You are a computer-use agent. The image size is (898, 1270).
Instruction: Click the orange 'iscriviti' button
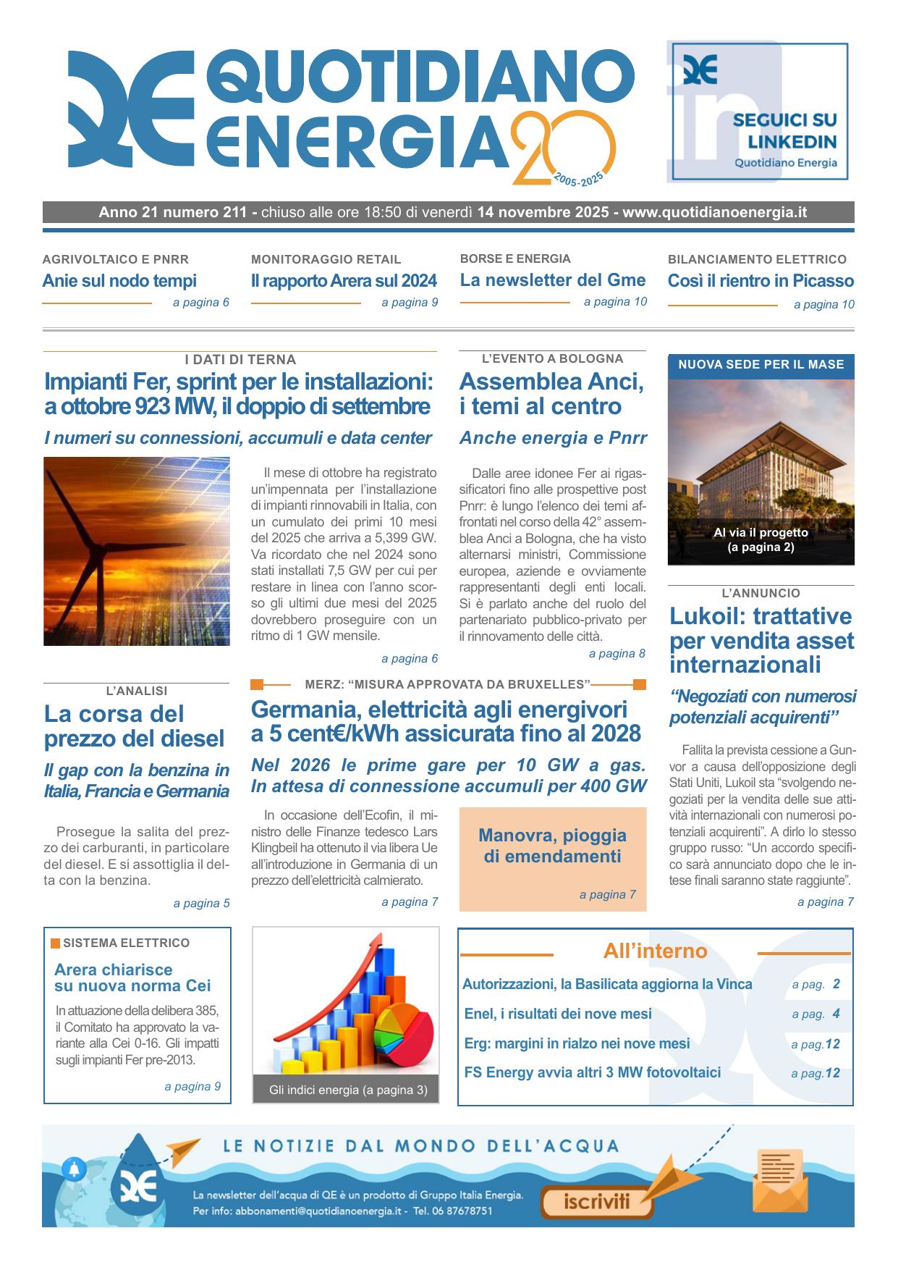pos(597,1203)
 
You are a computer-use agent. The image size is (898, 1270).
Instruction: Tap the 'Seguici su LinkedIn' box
pos(759,111)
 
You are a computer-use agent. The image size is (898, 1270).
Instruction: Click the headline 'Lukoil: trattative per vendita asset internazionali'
pos(761,640)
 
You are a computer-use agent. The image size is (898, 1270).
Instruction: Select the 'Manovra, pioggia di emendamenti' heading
pos(552,846)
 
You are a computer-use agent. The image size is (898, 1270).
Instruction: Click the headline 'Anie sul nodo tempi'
pos(119,281)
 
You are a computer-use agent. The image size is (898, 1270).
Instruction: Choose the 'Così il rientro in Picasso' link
pos(761,281)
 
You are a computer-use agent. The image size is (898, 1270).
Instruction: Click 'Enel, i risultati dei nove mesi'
pos(558,1014)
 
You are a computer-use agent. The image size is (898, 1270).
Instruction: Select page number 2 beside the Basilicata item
pos(836,984)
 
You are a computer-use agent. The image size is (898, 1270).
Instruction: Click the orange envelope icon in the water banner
pos(781,1179)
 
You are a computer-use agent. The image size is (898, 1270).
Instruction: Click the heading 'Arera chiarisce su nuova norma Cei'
pos(132,977)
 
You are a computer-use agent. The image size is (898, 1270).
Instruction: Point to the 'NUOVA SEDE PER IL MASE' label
pos(761,364)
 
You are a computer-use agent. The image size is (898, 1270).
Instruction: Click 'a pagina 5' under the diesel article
pos(201,903)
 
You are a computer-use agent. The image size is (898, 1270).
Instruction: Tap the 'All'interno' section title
pos(655,951)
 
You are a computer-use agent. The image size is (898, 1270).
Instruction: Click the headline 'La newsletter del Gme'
pos(553,280)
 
